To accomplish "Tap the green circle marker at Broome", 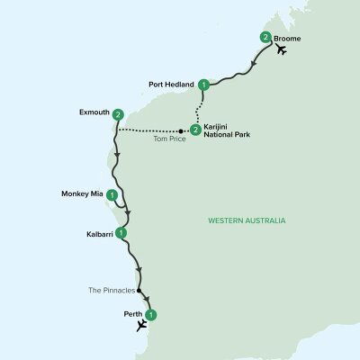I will [x=265, y=37].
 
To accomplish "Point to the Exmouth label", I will [x=94, y=114].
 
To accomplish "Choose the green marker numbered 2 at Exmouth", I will [x=119, y=114].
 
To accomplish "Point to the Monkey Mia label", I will [x=82, y=193].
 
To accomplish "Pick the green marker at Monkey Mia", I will [x=112, y=193].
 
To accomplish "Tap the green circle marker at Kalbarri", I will [x=121, y=233].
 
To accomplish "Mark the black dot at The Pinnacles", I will [x=140, y=292].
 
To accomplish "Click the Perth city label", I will [x=131, y=315].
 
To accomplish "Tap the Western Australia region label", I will [x=246, y=220].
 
